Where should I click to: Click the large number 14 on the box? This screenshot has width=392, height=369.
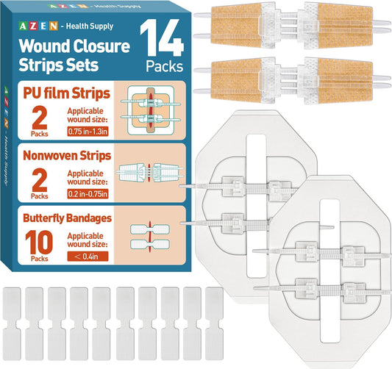click(162, 38)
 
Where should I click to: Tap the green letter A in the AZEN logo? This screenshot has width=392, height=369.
click(23, 26)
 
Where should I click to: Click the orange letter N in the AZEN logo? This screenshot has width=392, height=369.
click(54, 26)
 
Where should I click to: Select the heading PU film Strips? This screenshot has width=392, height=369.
click(66, 93)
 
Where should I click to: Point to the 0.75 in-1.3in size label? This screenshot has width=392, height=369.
click(88, 132)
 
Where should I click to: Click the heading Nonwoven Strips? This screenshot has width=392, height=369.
click(67, 156)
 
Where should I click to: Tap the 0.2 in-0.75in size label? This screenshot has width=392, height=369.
click(88, 194)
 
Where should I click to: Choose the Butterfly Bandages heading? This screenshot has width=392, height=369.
click(67, 218)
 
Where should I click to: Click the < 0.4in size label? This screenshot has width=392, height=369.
click(88, 257)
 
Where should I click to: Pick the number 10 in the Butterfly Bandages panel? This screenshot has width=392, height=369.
click(39, 242)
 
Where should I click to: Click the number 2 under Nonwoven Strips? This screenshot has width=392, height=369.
click(40, 179)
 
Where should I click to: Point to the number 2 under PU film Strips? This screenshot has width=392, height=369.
click(40, 117)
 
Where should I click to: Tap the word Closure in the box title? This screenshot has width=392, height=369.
click(101, 46)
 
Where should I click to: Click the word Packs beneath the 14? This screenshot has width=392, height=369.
click(165, 66)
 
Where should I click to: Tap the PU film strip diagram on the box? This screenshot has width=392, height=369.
click(151, 110)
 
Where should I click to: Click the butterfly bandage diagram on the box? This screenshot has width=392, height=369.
click(150, 237)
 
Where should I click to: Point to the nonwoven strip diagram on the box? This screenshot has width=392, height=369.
click(150, 173)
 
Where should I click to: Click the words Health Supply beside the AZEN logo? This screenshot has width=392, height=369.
click(90, 26)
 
